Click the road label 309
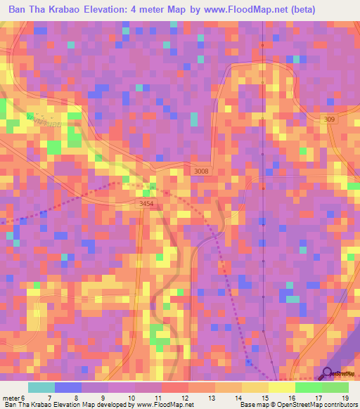click(330, 120)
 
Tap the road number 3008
click(201, 171)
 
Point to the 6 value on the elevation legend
click(23, 398)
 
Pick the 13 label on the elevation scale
click(211, 398)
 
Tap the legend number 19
click(345, 398)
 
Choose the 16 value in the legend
click(291, 398)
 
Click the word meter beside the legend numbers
click(11, 398)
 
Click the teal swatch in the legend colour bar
click(41, 387)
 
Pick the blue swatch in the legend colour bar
click(68, 387)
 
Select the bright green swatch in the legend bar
click(309, 387)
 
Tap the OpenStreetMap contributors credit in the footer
click(317, 405)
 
